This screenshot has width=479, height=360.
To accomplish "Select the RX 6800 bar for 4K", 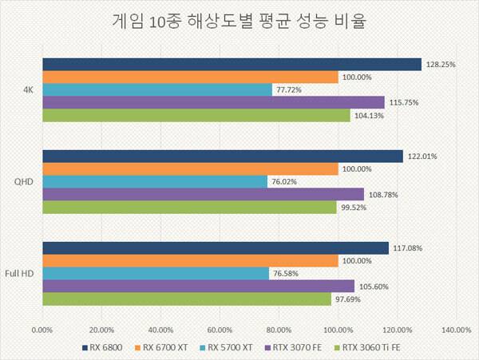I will coord(232,65).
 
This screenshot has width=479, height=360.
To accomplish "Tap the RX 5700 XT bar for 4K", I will coord(157,90).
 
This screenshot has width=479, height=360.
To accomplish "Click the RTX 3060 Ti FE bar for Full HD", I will coord(186,299).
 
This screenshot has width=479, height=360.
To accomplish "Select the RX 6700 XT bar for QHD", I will coord(190,169).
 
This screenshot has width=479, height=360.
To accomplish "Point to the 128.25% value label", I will coord(440,65).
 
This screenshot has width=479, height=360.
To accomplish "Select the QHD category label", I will coord(24,182).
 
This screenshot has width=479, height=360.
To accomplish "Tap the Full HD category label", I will coord(21,274).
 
